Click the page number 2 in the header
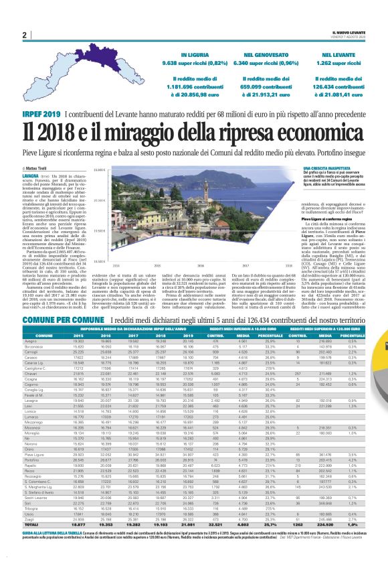point(25,36)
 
